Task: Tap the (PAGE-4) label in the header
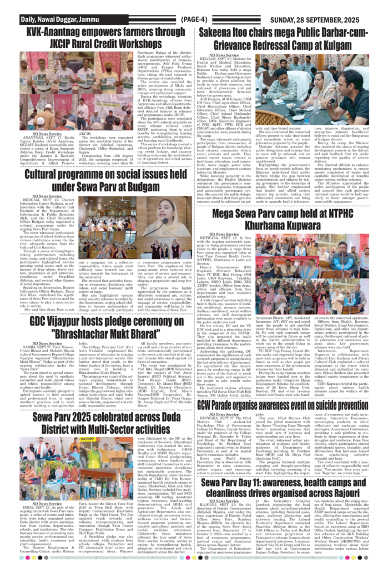(x=194, y=20)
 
